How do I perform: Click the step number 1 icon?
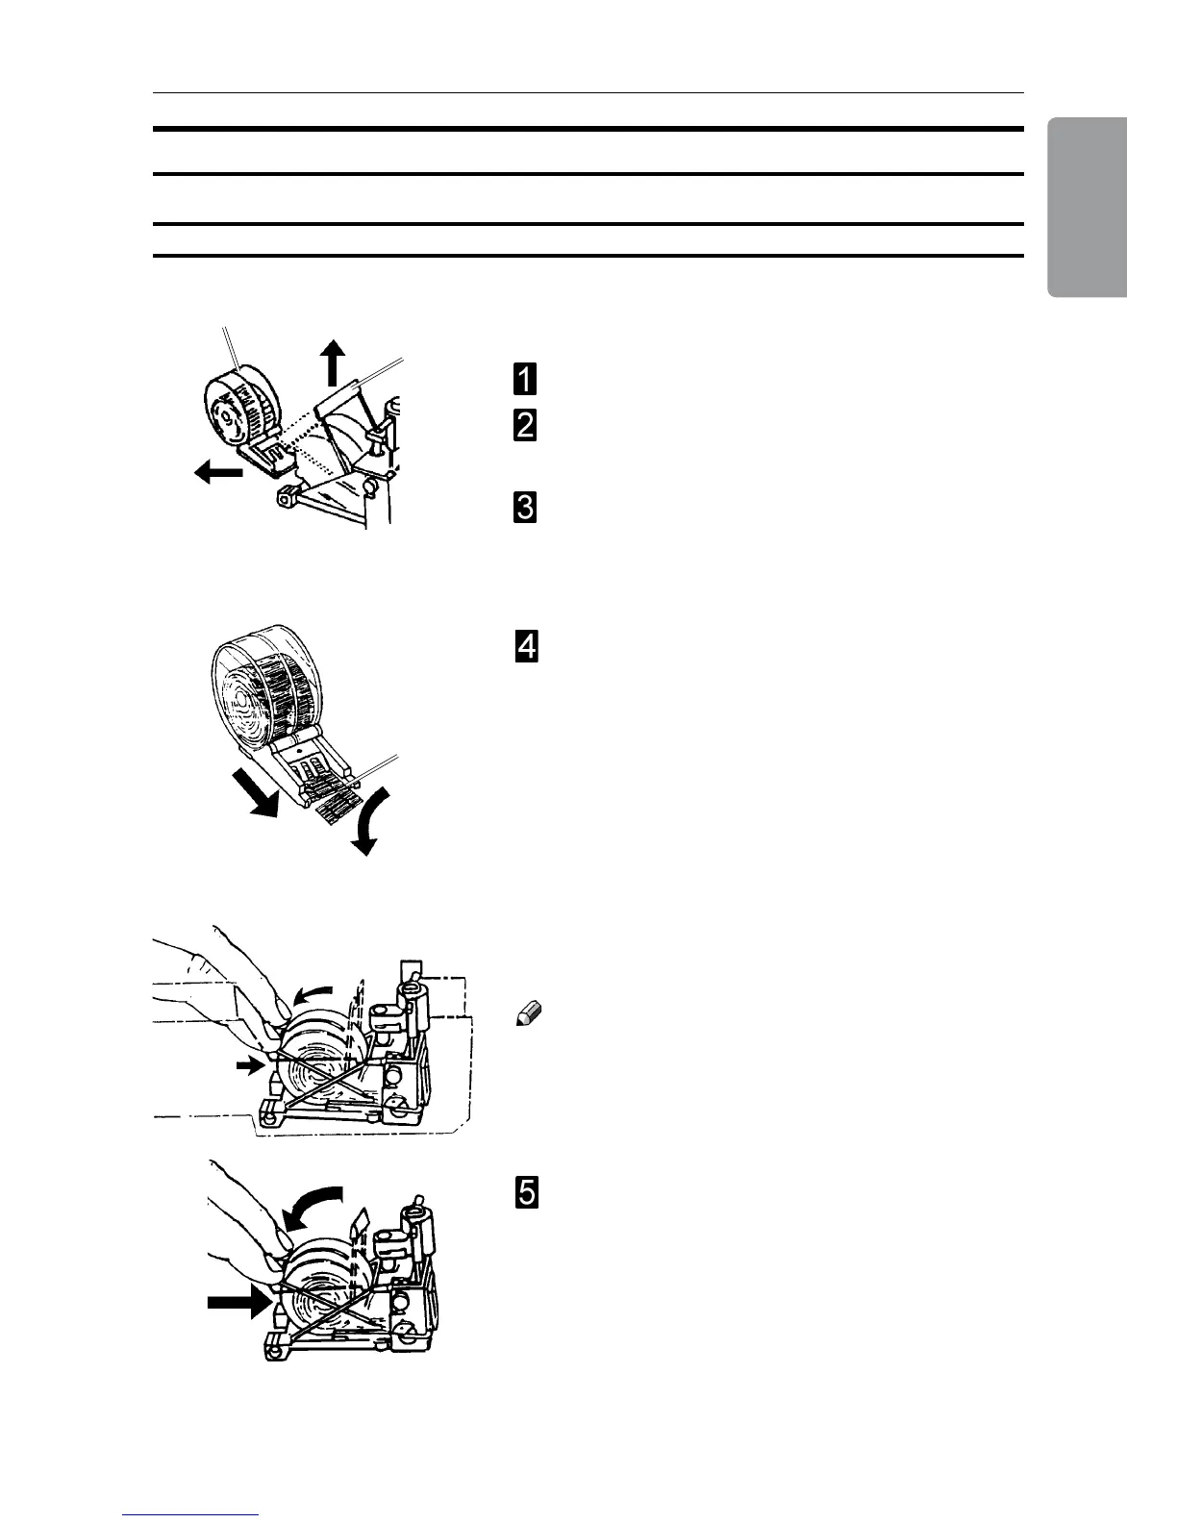tap(525, 378)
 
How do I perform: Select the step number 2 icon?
tap(525, 426)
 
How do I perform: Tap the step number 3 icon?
tap(525, 508)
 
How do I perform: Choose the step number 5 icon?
tap(526, 1192)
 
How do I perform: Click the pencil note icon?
tap(531, 1011)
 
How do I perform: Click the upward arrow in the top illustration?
tap(333, 362)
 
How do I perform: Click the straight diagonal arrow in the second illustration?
tap(257, 786)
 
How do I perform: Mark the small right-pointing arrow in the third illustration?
tap(250, 1064)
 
